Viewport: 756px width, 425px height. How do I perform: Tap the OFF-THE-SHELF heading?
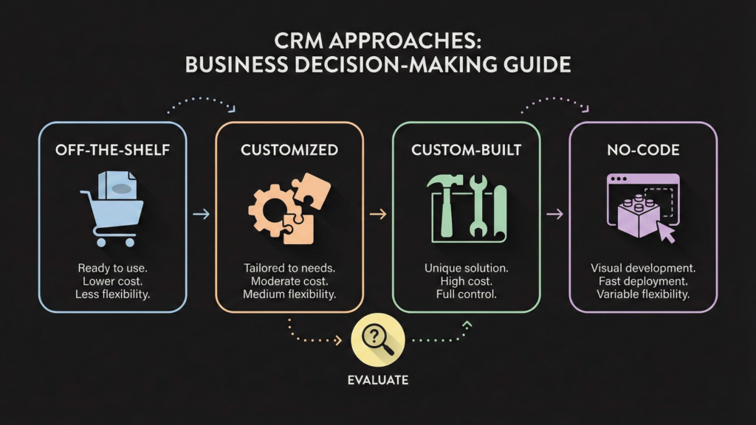[113, 150]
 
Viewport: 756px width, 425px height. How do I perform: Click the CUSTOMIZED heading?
[289, 150]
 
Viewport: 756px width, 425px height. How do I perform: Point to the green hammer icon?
[445, 203]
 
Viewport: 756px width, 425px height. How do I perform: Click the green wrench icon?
[478, 205]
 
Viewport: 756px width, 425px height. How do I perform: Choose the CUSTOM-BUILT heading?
[467, 150]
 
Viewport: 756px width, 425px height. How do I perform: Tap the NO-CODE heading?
[643, 150]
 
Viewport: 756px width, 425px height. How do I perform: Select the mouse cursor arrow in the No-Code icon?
[667, 232]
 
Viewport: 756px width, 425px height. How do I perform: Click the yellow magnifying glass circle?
[377, 340]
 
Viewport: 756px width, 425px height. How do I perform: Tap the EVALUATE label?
[377, 381]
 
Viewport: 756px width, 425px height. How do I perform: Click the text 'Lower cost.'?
[113, 281]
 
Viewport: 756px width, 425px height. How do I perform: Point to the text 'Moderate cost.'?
[289, 281]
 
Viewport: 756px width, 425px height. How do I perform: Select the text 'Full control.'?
[467, 294]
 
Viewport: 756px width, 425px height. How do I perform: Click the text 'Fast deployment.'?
[643, 281]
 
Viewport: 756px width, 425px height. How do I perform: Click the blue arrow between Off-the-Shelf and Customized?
[201, 214]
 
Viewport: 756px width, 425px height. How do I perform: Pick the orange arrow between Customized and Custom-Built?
[378, 214]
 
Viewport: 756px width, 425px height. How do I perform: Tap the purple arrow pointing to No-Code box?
[554, 214]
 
